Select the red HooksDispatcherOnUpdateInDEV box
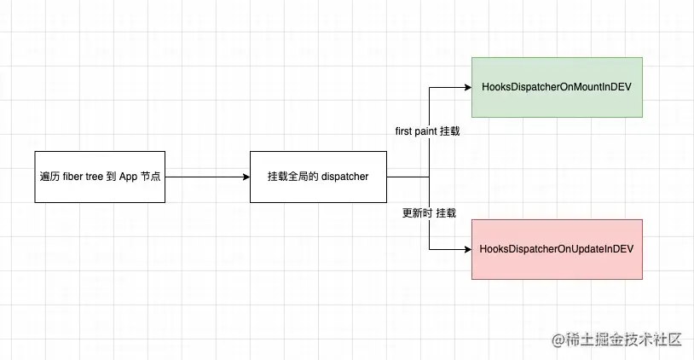556,248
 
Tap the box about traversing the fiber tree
100,177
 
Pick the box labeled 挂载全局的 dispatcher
320,177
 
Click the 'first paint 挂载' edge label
429,133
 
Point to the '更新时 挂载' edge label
429,213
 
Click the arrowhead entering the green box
466,87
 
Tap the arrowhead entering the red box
466,249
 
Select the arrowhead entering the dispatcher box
246,177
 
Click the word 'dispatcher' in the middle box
344,177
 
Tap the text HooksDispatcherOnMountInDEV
556,87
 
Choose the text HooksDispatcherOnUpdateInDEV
556,249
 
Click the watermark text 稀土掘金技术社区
625,340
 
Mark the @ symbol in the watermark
558,340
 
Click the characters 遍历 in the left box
49,177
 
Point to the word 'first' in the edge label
405,133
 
